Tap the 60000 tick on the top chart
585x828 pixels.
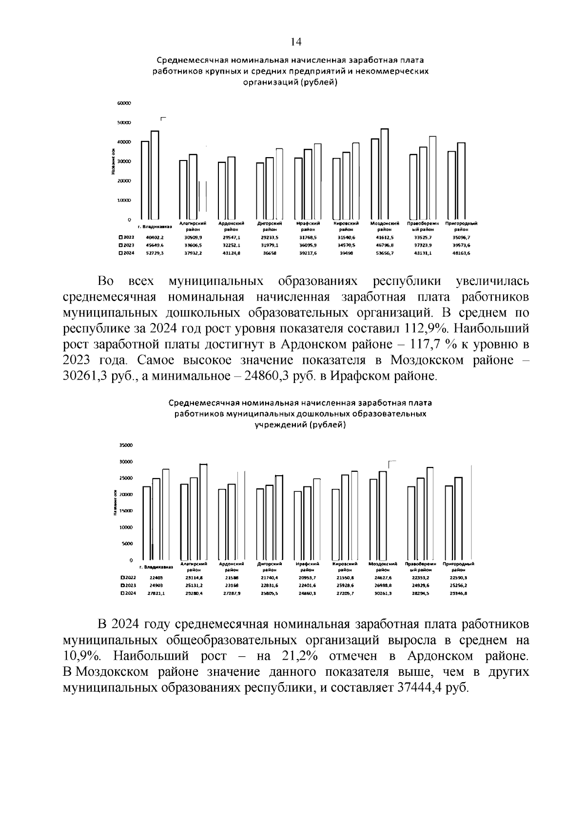124,103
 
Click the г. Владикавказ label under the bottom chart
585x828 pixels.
156,567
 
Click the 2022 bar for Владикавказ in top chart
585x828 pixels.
145,181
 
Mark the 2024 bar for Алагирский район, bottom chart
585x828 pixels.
203,512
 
